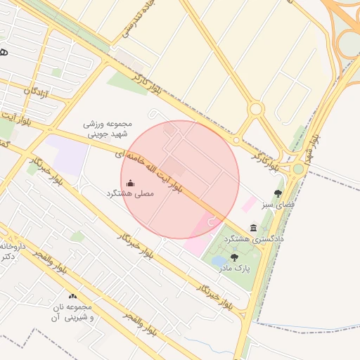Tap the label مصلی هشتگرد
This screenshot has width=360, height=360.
tap(129, 193)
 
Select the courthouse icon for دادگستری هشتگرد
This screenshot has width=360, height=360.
tap(253, 228)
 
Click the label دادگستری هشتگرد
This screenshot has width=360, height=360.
tap(254, 240)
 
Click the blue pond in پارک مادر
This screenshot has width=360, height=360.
tap(219, 261)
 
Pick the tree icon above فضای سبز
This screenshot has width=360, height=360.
tap(278, 193)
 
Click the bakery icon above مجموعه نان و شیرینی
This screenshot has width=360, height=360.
tap(72, 297)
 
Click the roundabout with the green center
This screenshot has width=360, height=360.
tap(299, 169)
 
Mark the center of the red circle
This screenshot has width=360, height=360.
tap(180, 179)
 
